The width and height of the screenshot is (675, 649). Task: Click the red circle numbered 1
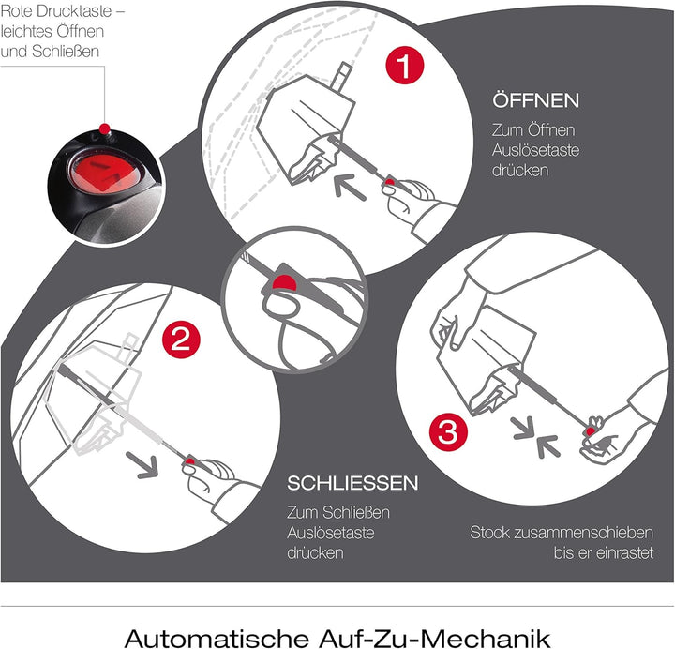pyautogui.click(x=405, y=66)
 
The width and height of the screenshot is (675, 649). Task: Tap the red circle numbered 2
pyautogui.click(x=181, y=340)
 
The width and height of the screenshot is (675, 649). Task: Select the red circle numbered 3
pyautogui.click(x=448, y=432)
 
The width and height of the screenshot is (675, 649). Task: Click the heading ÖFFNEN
pyautogui.click(x=536, y=100)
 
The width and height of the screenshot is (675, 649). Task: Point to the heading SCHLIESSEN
pyautogui.click(x=352, y=483)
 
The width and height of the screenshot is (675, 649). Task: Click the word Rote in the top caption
pyautogui.click(x=16, y=11)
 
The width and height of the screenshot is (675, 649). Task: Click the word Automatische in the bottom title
pyautogui.click(x=217, y=638)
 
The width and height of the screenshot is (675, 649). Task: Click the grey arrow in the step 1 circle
pyautogui.click(x=350, y=187)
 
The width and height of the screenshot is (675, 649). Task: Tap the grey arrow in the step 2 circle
pyautogui.click(x=142, y=464)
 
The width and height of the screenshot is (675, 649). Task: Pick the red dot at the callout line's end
pyautogui.click(x=104, y=128)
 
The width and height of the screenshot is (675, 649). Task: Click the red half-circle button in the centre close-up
pyautogui.click(x=284, y=282)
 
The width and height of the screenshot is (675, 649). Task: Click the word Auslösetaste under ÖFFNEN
pyautogui.click(x=535, y=150)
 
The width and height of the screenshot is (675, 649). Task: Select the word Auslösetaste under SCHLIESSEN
pyautogui.click(x=331, y=533)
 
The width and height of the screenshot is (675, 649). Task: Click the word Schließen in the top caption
pyautogui.click(x=66, y=52)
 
